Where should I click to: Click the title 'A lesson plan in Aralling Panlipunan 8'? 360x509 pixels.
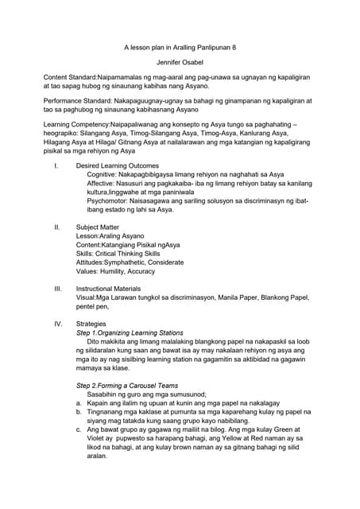180,48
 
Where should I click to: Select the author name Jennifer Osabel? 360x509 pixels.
180,61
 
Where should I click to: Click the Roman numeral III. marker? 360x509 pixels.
57,289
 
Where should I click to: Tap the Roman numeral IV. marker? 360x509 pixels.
57,324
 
